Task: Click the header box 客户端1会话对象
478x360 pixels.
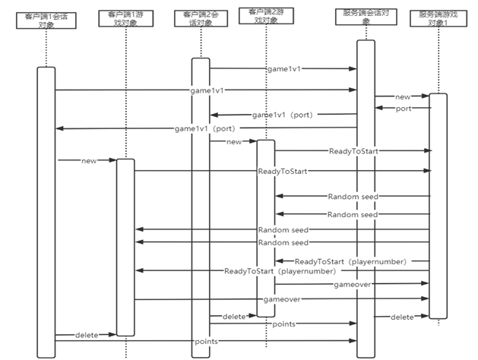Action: tap(46, 19)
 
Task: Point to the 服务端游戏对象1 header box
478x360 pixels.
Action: tap(438, 19)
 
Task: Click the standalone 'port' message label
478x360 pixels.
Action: tap(404, 109)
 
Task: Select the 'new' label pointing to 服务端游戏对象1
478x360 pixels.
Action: tap(403, 96)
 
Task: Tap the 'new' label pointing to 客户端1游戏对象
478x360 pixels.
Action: tap(89, 160)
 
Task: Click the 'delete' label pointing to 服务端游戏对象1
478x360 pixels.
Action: tap(402, 316)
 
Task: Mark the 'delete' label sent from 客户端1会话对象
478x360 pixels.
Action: tap(87, 335)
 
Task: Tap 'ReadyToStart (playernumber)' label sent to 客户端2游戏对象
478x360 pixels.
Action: tap(350, 261)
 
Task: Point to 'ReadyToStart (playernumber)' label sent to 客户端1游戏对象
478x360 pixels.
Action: tap(280, 270)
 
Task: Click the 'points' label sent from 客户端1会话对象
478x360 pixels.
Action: tap(205, 342)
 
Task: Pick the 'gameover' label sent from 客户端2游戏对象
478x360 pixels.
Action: tap(352, 283)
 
